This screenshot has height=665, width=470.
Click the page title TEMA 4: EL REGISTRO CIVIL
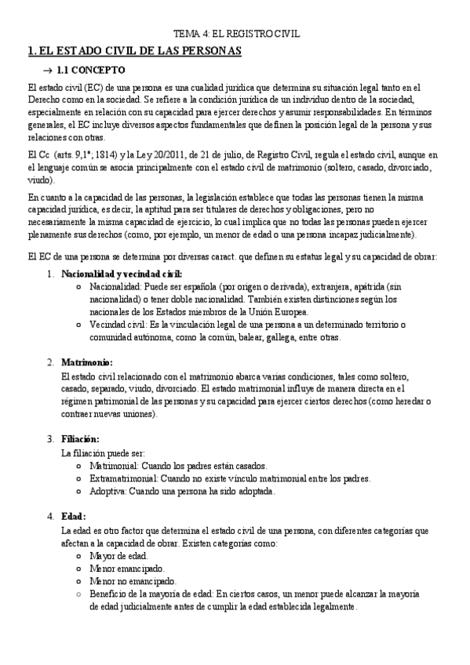[236, 35]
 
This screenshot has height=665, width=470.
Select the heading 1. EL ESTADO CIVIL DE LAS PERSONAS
[134, 51]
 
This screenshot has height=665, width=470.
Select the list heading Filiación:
[80, 438]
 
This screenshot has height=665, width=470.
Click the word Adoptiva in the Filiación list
[109, 491]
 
